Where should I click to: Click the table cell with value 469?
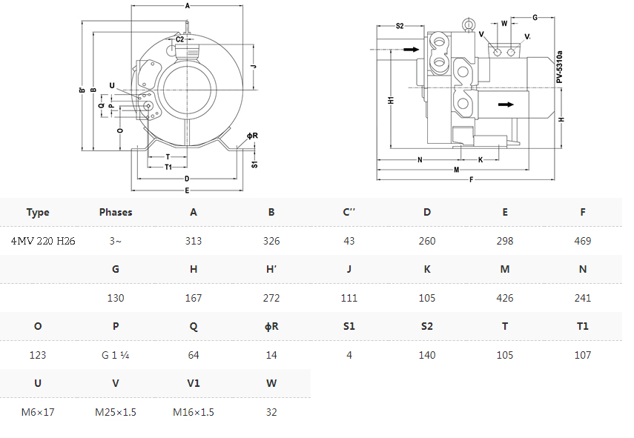coord(582,241)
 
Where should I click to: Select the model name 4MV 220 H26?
coord(43,241)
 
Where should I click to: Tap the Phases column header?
coord(116,212)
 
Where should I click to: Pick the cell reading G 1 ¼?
coord(115,355)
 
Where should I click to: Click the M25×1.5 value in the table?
coord(116,412)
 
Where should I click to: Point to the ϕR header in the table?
coord(271,326)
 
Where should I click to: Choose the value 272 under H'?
coord(271,298)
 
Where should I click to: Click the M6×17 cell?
coord(38,412)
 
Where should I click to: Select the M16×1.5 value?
coord(194,412)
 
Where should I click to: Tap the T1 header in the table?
coord(582,326)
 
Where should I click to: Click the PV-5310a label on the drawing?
coord(559,67)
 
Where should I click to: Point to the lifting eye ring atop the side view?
coord(468,24)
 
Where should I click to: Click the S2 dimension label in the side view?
coord(400,26)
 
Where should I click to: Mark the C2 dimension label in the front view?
coord(180,39)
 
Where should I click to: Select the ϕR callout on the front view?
coord(252,136)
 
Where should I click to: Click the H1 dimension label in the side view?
coord(391,100)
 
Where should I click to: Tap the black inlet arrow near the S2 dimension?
coord(412,50)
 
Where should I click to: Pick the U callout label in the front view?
coord(112,86)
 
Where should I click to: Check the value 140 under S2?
coord(427,355)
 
